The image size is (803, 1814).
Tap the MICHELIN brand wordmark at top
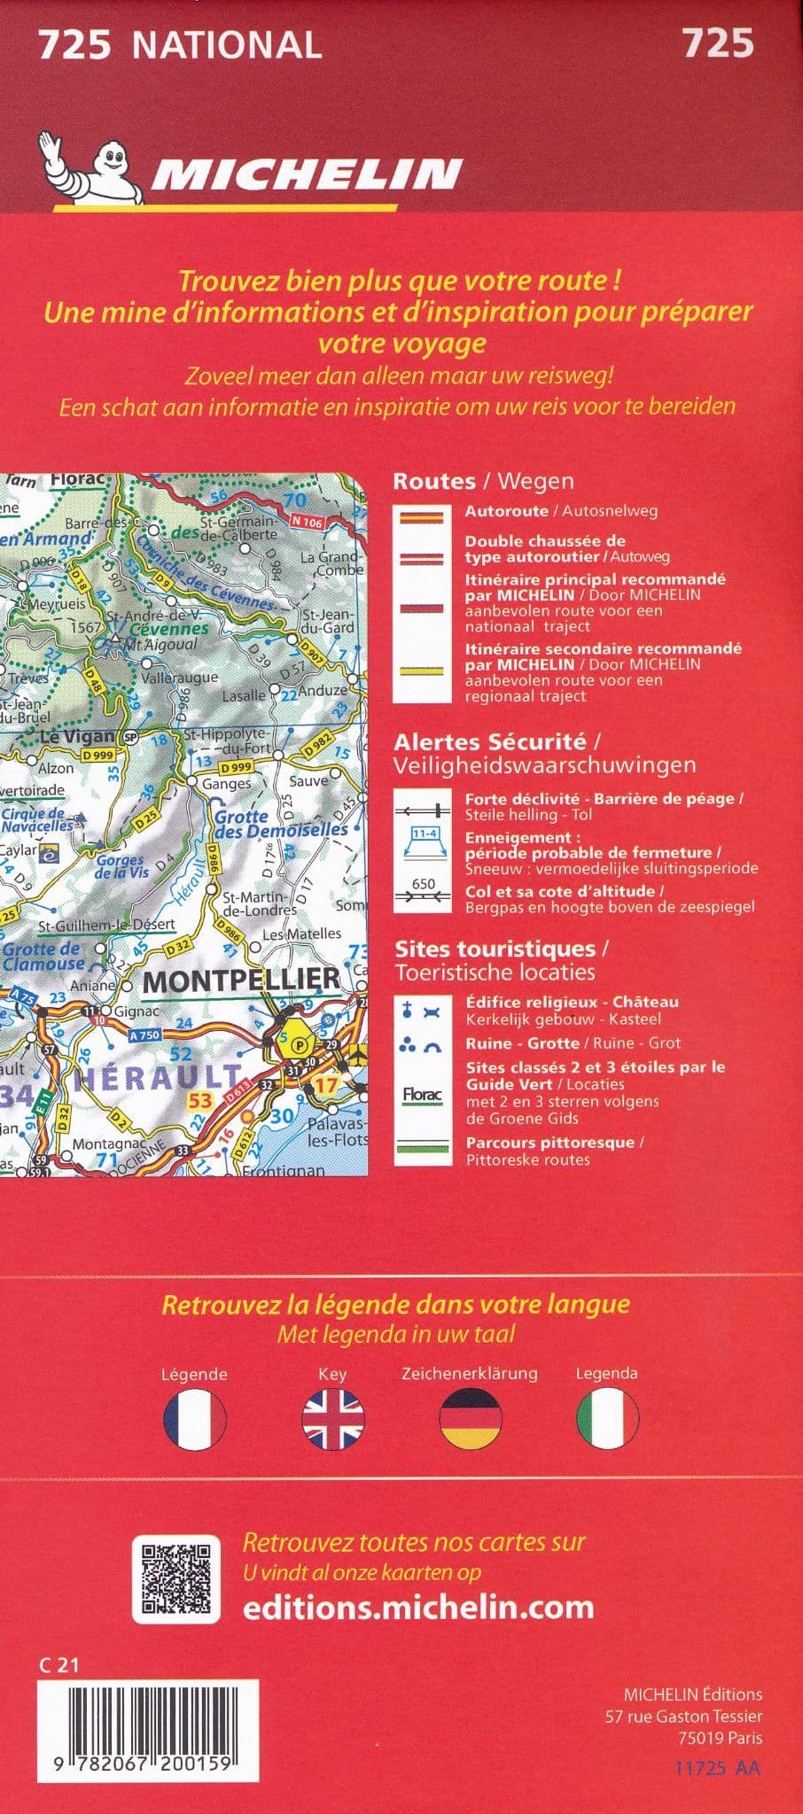(x=306, y=174)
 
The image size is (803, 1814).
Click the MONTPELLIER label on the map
(x=241, y=980)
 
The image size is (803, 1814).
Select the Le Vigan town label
(x=78, y=736)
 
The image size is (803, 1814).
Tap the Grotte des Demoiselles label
(x=281, y=824)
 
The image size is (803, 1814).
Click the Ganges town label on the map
(x=226, y=784)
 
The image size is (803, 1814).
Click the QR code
(x=176, y=1578)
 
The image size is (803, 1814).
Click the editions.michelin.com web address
(x=417, y=1607)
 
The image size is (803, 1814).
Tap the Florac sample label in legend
(x=422, y=1096)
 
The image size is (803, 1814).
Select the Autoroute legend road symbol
(x=422, y=518)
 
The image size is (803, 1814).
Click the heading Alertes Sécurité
(x=490, y=741)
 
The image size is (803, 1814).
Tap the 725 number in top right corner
(x=717, y=43)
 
